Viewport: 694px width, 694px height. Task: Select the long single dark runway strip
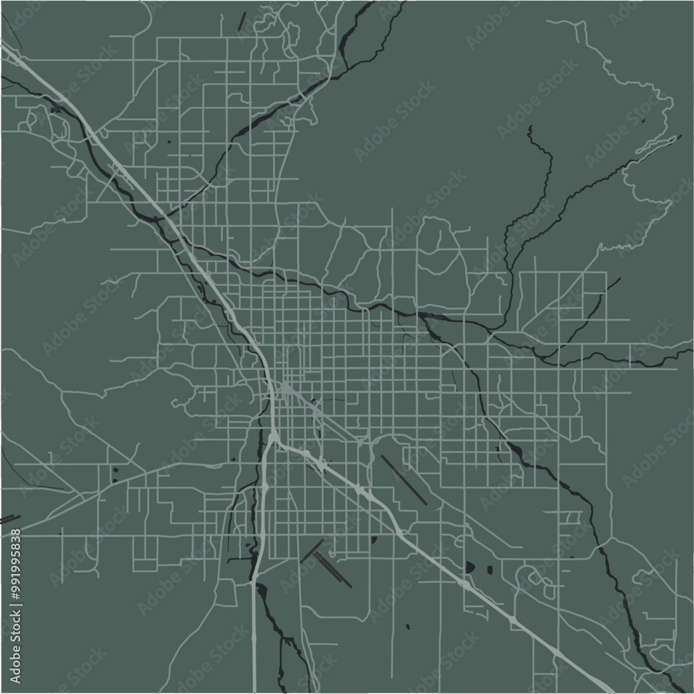(403, 480)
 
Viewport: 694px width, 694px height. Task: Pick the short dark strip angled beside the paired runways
(312, 551)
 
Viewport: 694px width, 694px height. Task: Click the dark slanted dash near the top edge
(242, 22)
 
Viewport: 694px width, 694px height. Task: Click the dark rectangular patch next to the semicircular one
(489, 570)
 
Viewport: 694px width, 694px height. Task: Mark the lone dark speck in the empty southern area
(407, 627)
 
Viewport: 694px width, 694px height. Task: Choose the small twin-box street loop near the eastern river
(573, 517)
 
